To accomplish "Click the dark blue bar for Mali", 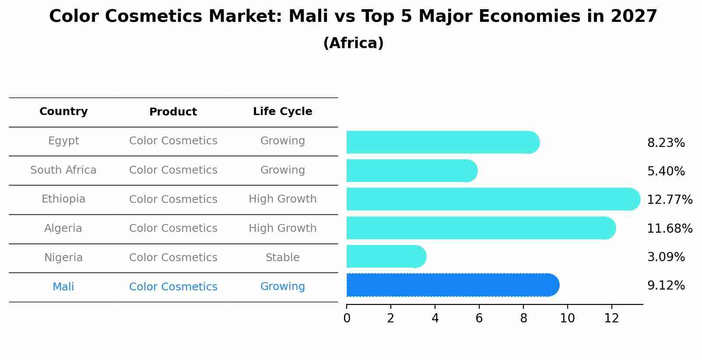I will tap(451, 285).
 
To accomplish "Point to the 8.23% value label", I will tap(666, 143).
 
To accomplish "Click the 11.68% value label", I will tap(669, 228).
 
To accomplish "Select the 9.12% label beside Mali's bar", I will tap(666, 286).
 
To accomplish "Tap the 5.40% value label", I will tap(666, 171).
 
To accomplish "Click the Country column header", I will tap(63, 112).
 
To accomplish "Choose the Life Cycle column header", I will tap(282, 112).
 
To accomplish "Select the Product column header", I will tap(173, 112).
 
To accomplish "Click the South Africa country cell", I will tap(63, 170).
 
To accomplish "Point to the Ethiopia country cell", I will tap(63, 199).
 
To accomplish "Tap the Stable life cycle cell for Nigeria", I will tap(282, 258).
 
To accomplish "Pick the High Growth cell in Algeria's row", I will tap(282, 228).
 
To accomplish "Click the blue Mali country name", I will tap(63, 287).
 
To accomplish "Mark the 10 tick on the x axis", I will tap(567, 318).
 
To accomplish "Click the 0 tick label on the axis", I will tap(347, 318).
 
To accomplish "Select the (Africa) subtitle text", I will tap(353, 43).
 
